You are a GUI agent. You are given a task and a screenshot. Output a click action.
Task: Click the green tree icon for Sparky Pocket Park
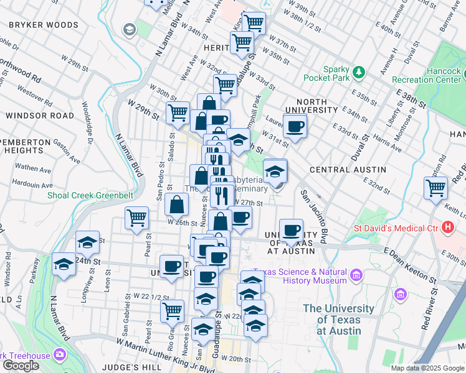pyautogui.click(x=358, y=73)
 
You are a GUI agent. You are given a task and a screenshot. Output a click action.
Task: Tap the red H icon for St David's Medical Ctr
pyautogui.click(x=447, y=227)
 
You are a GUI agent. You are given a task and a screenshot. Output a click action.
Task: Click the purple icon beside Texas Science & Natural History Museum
pyautogui.click(x=356, y=274)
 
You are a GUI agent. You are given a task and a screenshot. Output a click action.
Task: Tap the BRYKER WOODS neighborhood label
pyautogui.click(x=43, y=25)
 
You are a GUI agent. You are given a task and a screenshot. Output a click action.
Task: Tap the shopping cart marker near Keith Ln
pyautogui.click(x=435, y=186)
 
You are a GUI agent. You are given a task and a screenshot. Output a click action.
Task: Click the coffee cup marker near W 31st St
pyautogui.click(x=295, y=126)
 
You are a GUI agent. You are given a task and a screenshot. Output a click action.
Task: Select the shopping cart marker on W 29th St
pyautogui.click(x=178, y=113)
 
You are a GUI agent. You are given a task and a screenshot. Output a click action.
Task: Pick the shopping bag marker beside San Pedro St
pyautogui.click(x=178, y=204)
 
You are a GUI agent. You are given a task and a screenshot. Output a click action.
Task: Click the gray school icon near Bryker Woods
pyautogui.click(x=130, y=29)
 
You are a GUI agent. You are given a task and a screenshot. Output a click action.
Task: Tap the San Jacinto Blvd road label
pyautogui.click(x=314, y=216)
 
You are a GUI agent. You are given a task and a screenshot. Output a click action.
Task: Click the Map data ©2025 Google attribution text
pyautogui.click(x=427, y=368)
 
